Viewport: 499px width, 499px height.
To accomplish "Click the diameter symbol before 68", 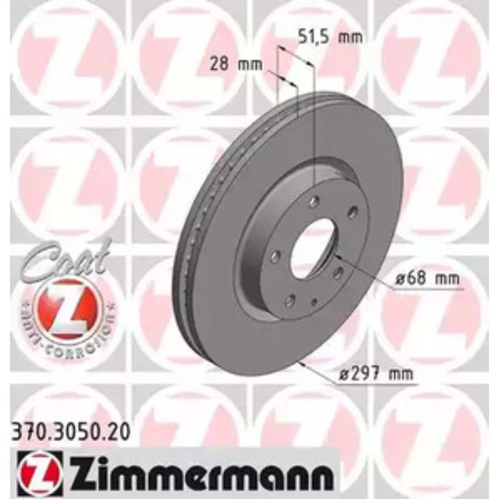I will click(x=396, y=278).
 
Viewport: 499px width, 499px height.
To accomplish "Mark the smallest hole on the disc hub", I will click(x=314, y=301).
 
